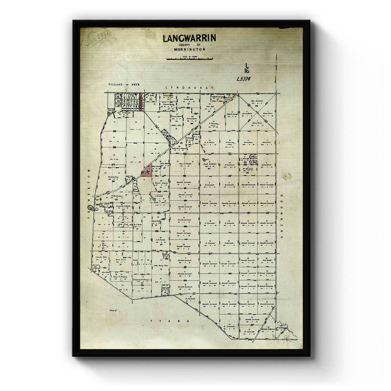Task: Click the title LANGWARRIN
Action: point(189,38)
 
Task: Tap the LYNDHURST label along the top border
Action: point(189,88)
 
